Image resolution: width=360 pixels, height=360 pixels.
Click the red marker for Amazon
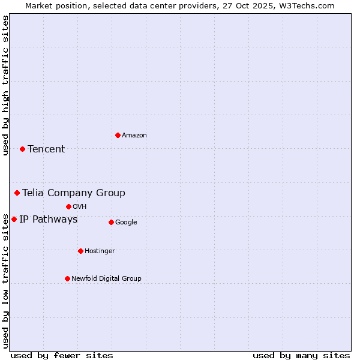118,135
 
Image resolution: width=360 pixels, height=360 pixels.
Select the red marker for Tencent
22,149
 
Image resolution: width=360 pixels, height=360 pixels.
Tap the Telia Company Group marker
17,193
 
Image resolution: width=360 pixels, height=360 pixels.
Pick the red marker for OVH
68,206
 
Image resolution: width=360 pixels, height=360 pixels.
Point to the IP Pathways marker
14,219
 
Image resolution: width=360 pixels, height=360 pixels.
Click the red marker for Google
111,222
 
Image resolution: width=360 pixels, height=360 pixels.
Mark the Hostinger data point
80,251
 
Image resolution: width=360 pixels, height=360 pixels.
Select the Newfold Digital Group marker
67,278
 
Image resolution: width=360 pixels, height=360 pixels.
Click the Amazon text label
134,136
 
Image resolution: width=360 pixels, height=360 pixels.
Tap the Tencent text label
46,149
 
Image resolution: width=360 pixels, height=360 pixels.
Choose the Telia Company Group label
74,193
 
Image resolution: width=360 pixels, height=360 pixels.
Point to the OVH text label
80,207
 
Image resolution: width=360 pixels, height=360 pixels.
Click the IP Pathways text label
49,220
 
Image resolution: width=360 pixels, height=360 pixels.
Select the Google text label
126,223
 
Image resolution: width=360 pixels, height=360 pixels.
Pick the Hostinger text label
100,251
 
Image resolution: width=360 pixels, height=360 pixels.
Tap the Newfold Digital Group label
106,279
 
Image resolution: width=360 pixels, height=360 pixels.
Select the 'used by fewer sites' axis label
62,355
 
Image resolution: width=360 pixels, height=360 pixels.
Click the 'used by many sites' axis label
301,355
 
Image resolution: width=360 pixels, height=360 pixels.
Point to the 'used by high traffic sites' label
5,85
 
